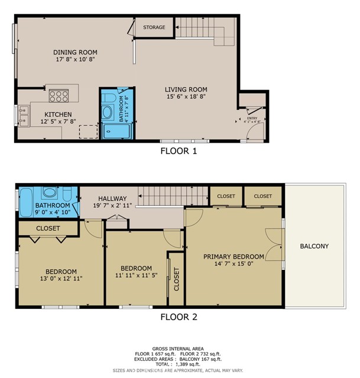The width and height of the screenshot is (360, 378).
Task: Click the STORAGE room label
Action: click(154, 27)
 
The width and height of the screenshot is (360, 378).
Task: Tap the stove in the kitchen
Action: click(59, 96)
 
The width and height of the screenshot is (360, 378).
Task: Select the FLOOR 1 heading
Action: click(179, 151)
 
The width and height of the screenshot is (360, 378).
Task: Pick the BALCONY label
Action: click(314, 246)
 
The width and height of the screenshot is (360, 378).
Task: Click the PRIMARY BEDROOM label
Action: click(233, 256)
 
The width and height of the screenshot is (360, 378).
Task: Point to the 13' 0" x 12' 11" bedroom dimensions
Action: click(61, 277)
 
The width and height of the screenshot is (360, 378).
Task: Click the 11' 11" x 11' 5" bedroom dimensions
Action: click(136, 276)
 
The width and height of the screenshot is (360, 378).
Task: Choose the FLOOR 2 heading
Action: click(179, 317)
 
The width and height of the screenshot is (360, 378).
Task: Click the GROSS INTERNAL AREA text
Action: click(179, 348)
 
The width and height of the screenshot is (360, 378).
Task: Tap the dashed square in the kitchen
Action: click(87, 131)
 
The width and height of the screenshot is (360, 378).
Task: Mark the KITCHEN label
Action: click(59, 114)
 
